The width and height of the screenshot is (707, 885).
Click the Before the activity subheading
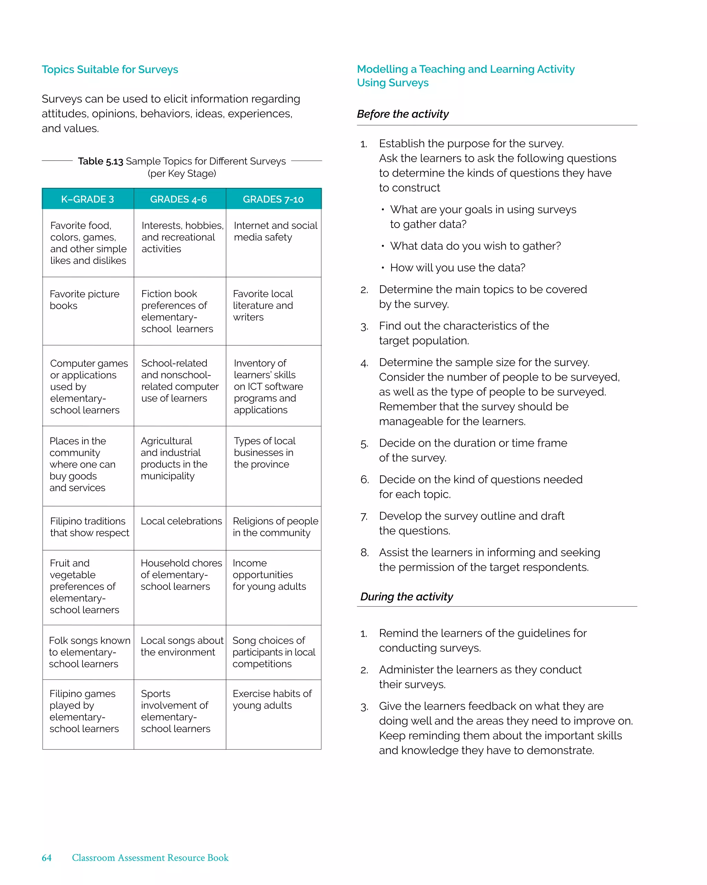click(x=403, y=114)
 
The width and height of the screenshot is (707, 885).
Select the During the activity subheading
click(x=406, y=597)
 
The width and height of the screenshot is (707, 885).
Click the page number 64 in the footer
click(x=47, y=857)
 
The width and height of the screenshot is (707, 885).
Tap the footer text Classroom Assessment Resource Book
click(x=150, y=857)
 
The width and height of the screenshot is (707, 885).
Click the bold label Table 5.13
click(x=100, y=161)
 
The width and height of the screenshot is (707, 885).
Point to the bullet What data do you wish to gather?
click(x=475, y=246)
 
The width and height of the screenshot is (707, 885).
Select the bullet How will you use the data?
click(x=457, y=268)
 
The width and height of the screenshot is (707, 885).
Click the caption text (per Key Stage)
click(x=182, y=174)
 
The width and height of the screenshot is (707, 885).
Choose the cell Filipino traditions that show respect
click(x=89, y=527)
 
